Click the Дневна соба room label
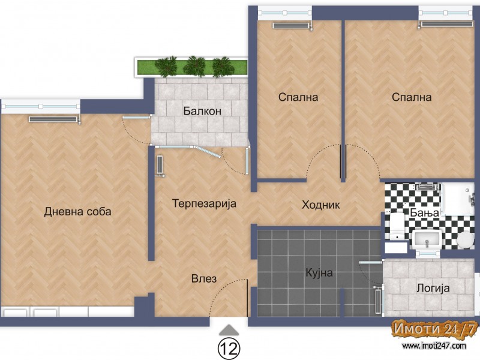point(77,212)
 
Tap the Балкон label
point(202,111)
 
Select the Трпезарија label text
point(204,203)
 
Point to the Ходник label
point(321,205)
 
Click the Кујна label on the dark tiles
point(319,272)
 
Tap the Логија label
point(433,288)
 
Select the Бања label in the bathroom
point(425,212)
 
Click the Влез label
point(204,278)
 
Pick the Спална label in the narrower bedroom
point(298,97)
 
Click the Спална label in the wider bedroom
point(412,97)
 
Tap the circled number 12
point(229,348)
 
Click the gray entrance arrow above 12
point(229,329)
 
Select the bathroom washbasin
point(427,239)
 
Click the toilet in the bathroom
point(397,227)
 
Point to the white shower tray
point(458,199)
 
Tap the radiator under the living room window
point(53,119)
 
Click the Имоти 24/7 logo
point(434,329)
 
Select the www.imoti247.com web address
point(434,346)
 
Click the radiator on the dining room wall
point(160,166)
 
